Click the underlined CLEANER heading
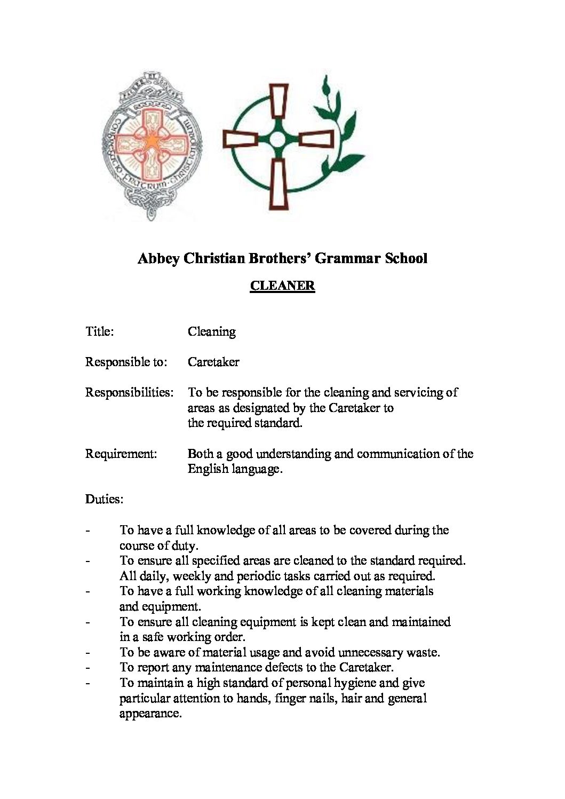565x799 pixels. [x=282, y=286]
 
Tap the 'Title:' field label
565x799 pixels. [x=99, y=331]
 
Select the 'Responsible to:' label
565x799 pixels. [x=126, y=362]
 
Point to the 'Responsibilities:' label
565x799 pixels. [x=129, y=392]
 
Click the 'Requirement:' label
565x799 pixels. [x=121, y=454]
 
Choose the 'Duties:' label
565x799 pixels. [x=104, y=500]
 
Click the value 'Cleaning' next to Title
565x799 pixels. [x=211, y=332]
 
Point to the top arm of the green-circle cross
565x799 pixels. [x=278, y=105]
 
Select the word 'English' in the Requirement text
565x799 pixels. [x=208, y=470]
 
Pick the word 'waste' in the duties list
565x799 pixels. [x=422, y=652]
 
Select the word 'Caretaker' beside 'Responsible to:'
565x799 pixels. [x=213, y=362]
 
